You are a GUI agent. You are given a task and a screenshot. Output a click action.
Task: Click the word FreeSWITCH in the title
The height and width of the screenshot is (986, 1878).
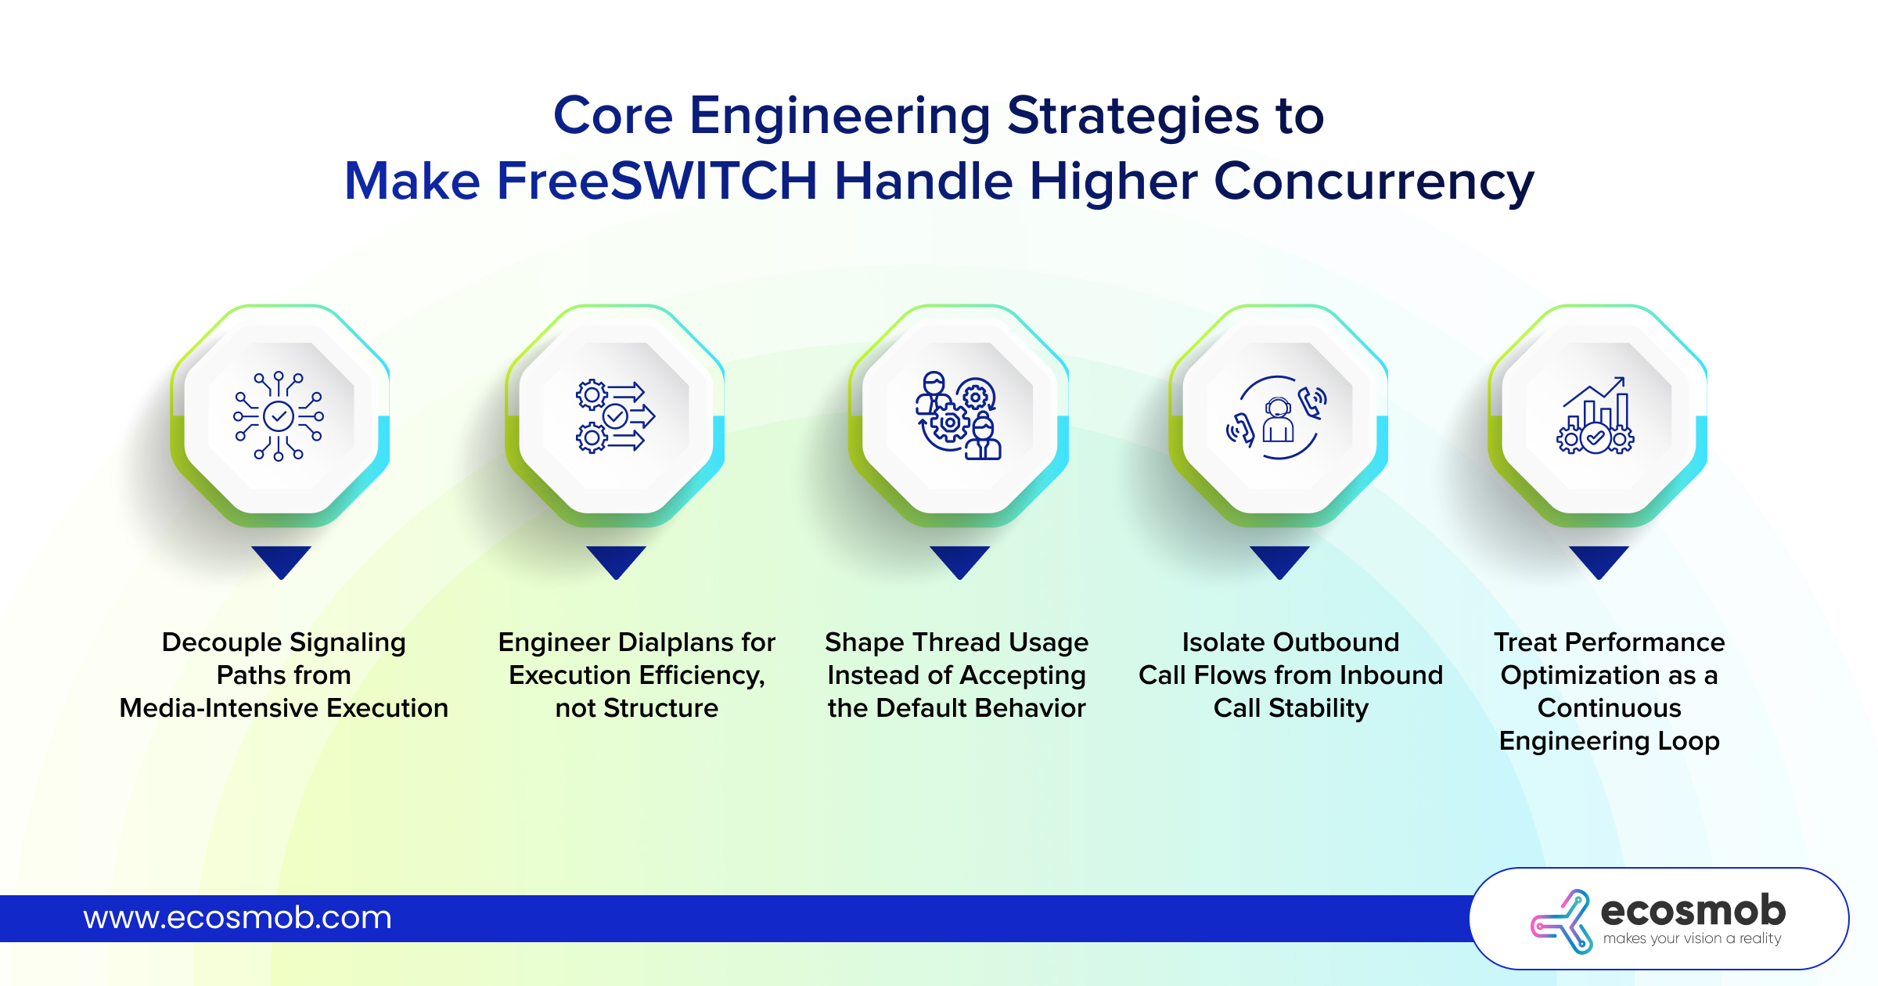(658, 181)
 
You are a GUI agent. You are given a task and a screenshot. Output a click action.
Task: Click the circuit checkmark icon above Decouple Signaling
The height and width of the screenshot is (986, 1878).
(279, 416)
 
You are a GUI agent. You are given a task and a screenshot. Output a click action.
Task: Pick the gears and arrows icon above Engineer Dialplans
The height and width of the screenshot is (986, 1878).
(615, 416)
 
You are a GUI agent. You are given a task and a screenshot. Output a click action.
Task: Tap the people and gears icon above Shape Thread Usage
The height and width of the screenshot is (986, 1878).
(959, 416)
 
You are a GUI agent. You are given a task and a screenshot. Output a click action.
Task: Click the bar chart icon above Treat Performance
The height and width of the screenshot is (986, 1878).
(1596, 416)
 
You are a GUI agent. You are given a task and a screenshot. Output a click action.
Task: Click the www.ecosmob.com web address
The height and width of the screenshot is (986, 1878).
(238, 917)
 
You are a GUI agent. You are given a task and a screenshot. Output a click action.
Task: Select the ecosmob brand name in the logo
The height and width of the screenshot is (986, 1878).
(1693, 910)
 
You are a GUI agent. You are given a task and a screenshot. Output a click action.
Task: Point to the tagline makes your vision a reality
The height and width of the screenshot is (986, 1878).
(1692, 938)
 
